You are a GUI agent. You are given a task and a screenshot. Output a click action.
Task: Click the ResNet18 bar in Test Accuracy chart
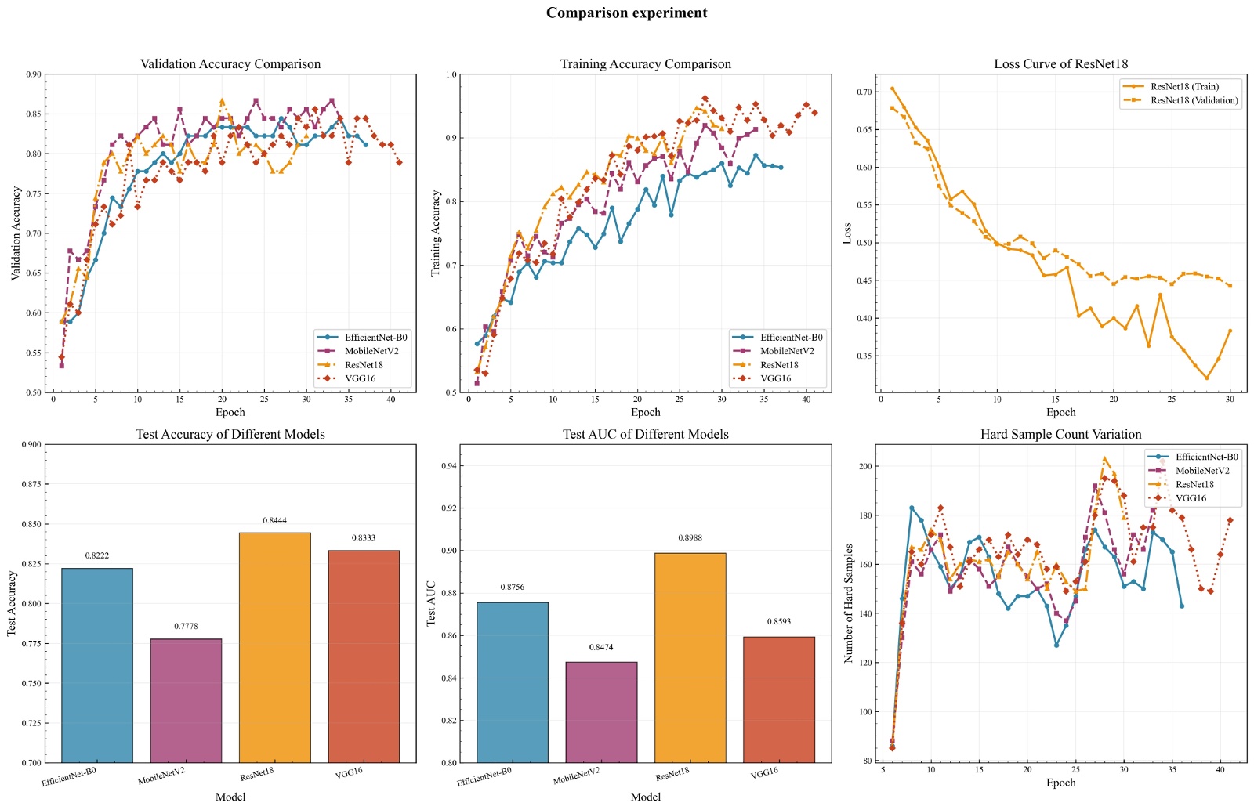274,647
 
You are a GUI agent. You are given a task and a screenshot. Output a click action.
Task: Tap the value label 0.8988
690,538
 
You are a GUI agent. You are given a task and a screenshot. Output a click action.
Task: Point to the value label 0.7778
186,627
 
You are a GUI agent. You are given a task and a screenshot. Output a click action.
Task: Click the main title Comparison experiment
626,13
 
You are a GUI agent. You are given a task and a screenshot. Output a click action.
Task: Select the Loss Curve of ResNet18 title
1060,64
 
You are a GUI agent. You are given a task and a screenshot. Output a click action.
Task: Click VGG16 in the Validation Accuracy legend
361,378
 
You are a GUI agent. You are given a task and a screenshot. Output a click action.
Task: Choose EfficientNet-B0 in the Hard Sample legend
1206,457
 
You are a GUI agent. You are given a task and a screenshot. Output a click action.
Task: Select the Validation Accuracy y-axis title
16,233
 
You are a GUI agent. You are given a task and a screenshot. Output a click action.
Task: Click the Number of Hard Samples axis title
849,603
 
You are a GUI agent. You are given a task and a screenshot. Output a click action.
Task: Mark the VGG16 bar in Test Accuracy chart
364,656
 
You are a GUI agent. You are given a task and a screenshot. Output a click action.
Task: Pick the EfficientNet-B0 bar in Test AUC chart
513,682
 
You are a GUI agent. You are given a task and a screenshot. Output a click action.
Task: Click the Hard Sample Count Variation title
1060,435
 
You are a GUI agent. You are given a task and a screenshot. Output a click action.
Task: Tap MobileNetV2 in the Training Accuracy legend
787,351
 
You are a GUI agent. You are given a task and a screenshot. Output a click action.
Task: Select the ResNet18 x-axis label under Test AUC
672,774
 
